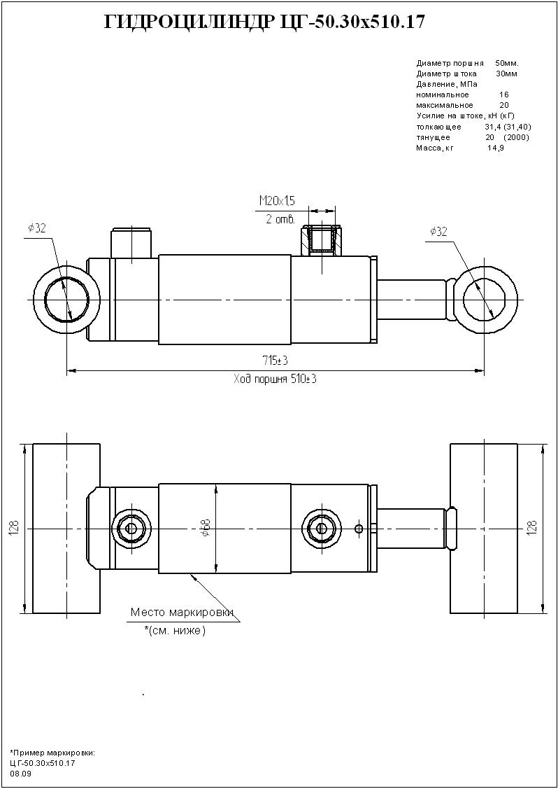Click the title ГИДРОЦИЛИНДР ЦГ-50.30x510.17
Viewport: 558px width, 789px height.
[264, 23]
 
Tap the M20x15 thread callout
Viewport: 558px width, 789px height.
[277, 201]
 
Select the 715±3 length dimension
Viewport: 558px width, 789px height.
[276, 361]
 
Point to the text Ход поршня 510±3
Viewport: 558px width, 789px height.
[276, 379]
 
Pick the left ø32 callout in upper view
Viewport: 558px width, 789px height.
[37, 228]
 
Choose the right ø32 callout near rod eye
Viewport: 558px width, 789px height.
[438, 232]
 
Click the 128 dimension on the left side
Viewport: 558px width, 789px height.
[14, 528]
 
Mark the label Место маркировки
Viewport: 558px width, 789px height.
[181, 613]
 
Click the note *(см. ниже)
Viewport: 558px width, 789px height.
[175, 631]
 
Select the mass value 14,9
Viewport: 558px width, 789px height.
[495, 148]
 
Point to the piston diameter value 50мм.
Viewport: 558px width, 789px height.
[506, 63]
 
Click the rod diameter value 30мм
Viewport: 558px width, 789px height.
[506, 74]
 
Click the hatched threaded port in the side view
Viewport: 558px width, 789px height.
[322, 239]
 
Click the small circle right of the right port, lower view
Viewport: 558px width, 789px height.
[359, 529]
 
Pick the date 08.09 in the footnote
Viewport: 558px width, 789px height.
[21, 774]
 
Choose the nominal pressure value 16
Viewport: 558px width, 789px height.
[504, 95]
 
